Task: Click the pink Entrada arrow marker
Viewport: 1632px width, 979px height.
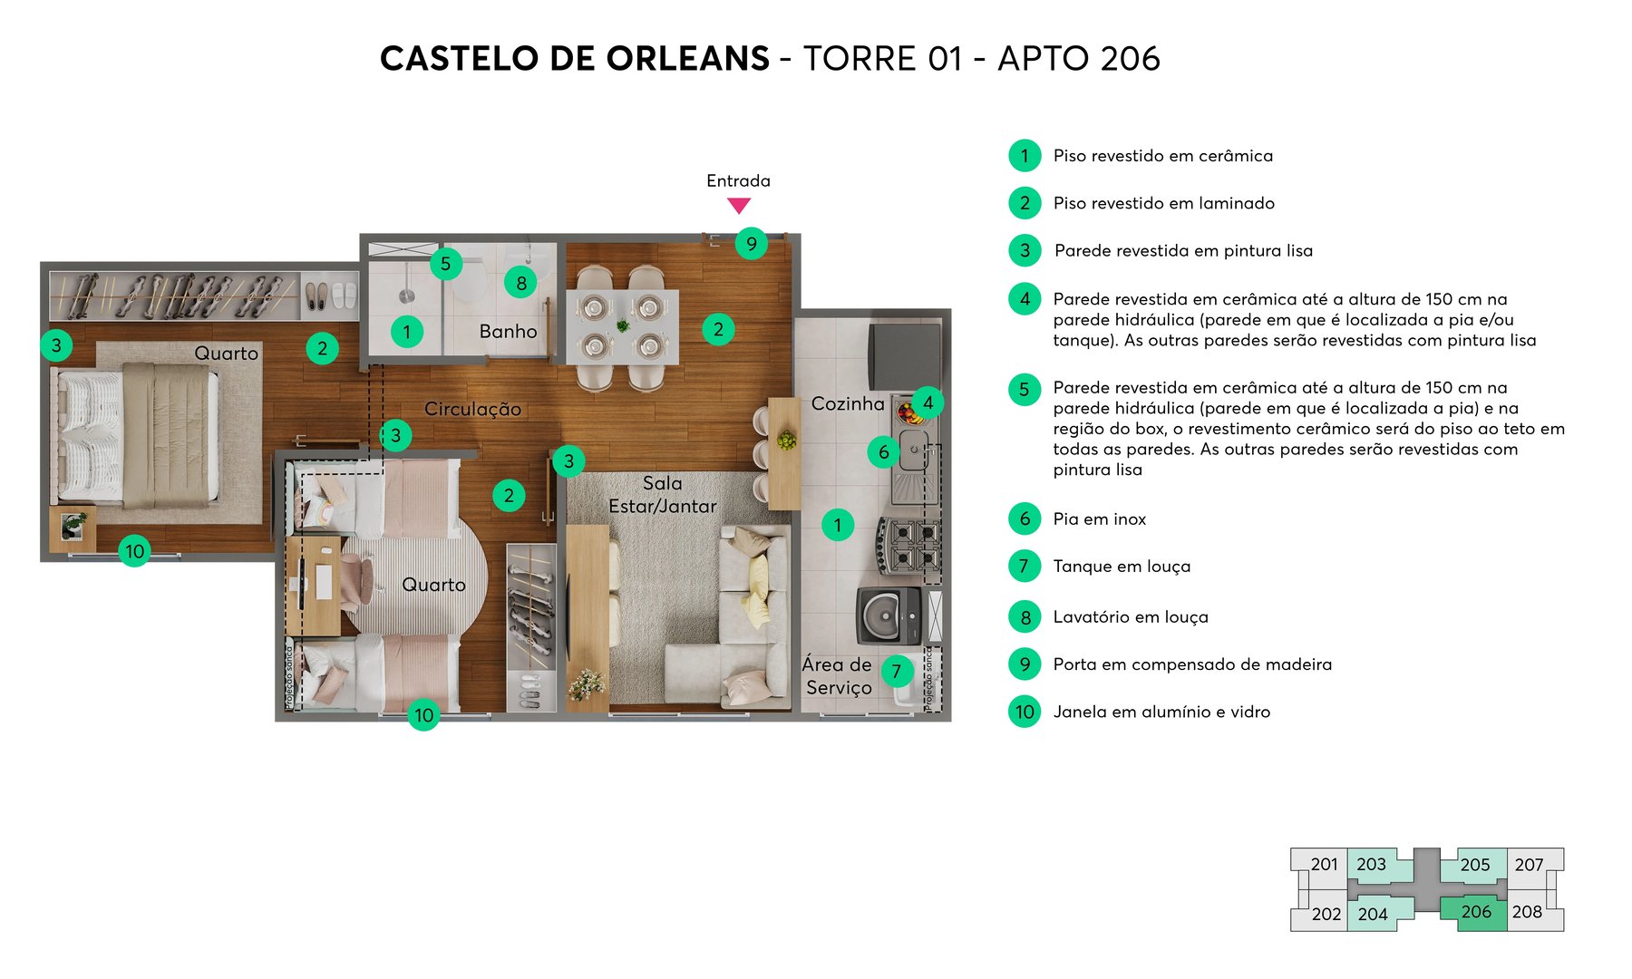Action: coord(739,206)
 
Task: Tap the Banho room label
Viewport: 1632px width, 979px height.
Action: coord(508,332)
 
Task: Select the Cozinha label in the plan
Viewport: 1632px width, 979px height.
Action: coord(847,403)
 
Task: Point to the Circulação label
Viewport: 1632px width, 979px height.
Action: coord(472,409)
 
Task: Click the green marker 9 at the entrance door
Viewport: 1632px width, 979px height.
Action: coord(751,243)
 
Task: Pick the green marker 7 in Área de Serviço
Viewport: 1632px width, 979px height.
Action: coord(896,671)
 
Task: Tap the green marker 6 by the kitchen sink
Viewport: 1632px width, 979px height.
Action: coord(883,451)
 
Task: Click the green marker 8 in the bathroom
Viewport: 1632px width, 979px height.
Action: coord(520,283)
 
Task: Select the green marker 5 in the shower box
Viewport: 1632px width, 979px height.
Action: coord(445,264)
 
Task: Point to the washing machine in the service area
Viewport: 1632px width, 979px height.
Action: coord(889,616)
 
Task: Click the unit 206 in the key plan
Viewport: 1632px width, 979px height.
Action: coord(1475,912)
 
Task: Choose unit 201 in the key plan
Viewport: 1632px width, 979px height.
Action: coord(1324,865)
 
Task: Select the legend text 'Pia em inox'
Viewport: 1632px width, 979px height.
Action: coord(1099,519)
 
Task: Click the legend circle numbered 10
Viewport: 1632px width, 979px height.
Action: coord(1025,712)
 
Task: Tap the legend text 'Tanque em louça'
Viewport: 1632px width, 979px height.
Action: coord(1122,567)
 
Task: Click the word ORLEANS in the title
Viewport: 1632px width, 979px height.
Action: coord(687,59)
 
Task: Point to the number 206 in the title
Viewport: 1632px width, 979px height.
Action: coord(1124,59)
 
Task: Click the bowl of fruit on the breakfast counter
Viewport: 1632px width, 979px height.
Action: coord(786,441)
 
